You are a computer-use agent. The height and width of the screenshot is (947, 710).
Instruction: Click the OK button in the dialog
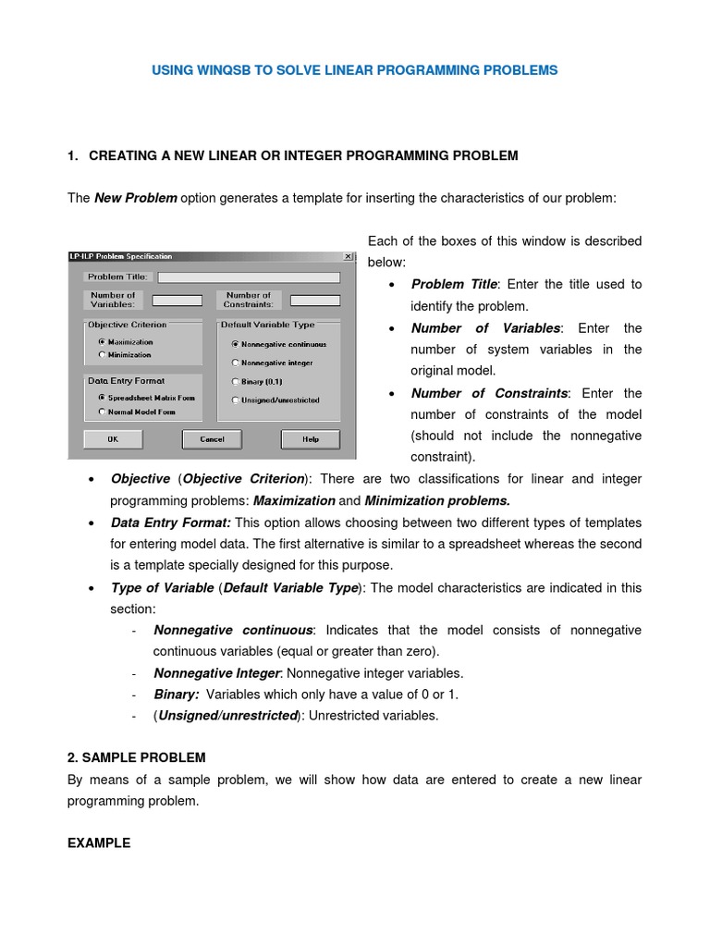pos(113,439)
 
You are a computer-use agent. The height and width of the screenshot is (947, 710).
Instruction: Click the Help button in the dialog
pos(310,439)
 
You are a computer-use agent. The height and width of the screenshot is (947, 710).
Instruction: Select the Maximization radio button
pos(102,341)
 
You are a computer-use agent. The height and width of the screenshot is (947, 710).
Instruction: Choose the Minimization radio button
pos(102,354)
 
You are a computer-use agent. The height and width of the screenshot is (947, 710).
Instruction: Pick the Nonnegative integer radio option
pos(235,363)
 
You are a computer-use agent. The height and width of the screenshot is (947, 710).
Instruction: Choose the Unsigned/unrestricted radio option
pos(235,400)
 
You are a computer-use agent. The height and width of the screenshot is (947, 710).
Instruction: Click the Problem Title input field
pos(249,277)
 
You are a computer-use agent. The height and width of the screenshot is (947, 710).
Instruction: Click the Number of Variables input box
pos(177,301)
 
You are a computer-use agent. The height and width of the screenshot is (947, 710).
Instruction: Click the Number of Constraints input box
pos(314,301)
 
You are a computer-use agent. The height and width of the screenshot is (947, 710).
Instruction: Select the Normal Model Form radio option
pos(102,412)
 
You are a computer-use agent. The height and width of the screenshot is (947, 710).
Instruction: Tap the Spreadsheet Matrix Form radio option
pos(102,398)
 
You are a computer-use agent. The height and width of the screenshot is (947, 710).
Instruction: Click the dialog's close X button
pos(348,256)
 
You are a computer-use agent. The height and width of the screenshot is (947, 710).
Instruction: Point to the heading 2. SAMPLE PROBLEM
pos(137,757)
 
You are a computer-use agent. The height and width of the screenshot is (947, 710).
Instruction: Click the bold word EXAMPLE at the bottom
pos(99,843)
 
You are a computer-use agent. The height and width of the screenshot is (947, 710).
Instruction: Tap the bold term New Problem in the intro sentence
pos(136,198)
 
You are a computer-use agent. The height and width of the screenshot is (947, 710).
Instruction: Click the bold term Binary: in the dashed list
pos(177,695)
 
